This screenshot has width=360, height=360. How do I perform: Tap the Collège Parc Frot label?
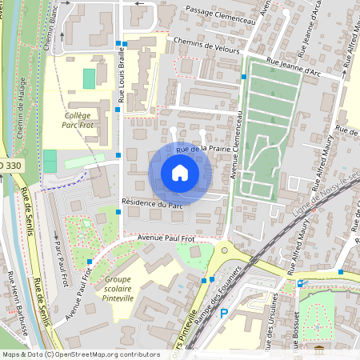(77, 120)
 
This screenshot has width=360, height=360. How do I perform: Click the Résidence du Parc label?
(152, 204)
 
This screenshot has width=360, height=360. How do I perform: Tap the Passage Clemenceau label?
(220, 11)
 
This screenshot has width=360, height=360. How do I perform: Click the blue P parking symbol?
(224, 314)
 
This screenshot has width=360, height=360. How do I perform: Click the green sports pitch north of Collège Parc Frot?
(89, 78)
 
